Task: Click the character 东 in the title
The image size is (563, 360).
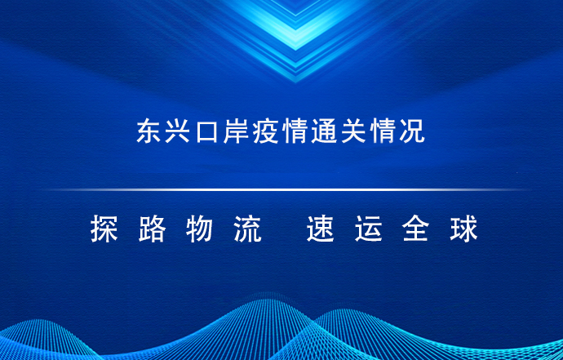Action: pos(149,131)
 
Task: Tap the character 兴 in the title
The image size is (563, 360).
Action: pos(177,131)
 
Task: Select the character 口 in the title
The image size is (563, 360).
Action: pos(206,131)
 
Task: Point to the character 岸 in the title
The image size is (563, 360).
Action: pos(236,131)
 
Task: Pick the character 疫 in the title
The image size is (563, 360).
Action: pos(265,131)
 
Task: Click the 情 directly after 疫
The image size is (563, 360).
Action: pos(295,131)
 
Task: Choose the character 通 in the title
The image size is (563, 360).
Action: pos(324,131)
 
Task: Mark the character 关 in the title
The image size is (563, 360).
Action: pos(353,131)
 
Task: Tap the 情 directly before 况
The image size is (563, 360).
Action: pos(383,131)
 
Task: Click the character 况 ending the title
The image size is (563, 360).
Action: pos(412,131)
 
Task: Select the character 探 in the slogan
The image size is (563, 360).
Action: pos(104,229)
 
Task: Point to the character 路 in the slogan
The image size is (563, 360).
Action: pos(153,229)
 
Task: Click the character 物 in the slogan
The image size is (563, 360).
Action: pos(200,229)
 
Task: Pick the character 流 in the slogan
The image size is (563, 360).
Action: pos(248,229)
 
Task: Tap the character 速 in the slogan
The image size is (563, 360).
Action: pos(321,229)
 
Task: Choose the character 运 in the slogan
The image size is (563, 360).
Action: pos(368,229)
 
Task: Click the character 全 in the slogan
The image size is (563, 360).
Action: pos(416,229)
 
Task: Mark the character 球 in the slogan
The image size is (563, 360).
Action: pos(464,229)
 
